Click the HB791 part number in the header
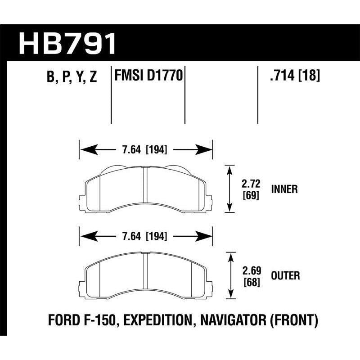[67, 44]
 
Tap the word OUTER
[284, 275]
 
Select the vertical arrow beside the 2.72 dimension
[230, 189]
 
